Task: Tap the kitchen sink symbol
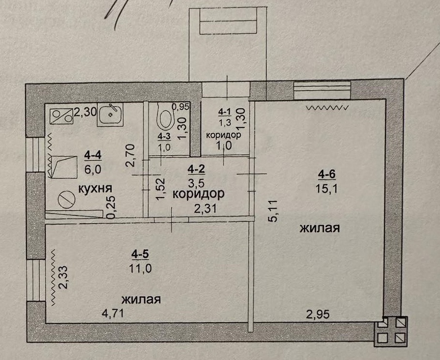coord(110,115)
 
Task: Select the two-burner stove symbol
coord(61,116)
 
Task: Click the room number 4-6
coord(327,174)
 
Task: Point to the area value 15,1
coord(327,188)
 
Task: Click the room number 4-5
coord(140,255)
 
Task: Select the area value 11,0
coord(140,269)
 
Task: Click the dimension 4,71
coord(113,313)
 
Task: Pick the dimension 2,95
coord(318,314)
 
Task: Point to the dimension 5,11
coord(273,211)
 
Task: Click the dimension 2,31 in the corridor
coord(205,209)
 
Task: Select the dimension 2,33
coord(63,277)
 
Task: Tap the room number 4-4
coord(93,155)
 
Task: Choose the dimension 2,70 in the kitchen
coord(131,156)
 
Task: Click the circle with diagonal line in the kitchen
coord(67,200)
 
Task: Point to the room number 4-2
coord(196,169)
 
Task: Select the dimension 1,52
coord(161,189)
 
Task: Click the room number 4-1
coord(224,112)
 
